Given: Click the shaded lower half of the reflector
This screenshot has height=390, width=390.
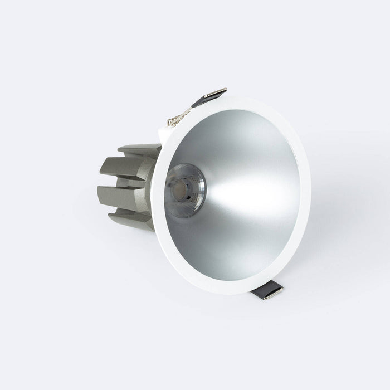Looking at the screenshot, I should tap(234, 240).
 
